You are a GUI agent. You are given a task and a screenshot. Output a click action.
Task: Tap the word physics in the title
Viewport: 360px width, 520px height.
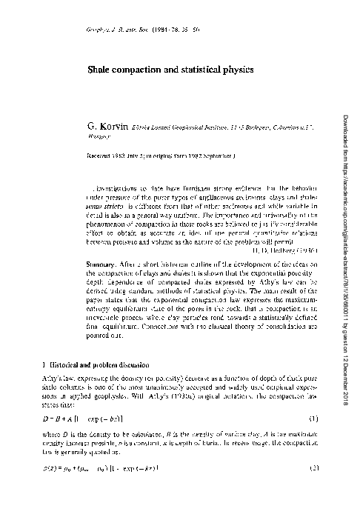(x=236, y=69)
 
